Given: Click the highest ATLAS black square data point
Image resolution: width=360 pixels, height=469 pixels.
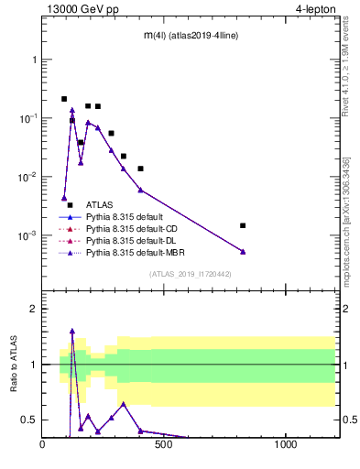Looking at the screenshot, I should pos(64,99).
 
